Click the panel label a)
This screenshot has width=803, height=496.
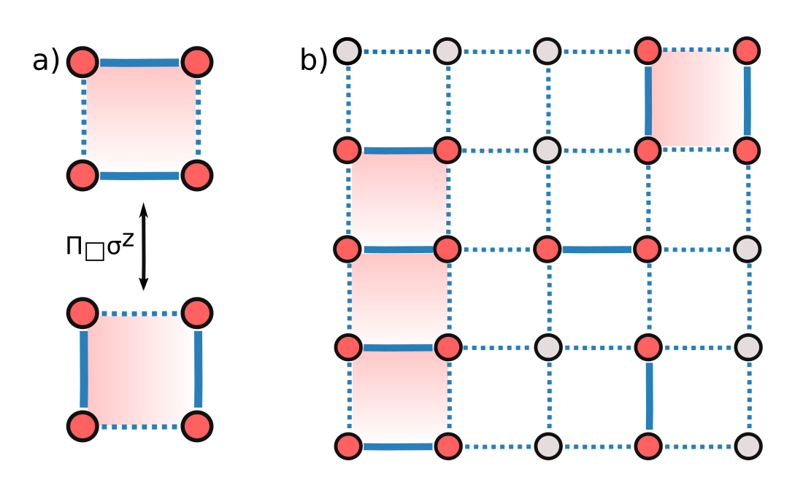coord(45,61)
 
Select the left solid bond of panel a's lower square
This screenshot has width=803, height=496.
coord(83,369)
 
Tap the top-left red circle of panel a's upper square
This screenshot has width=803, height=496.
coord(82,62)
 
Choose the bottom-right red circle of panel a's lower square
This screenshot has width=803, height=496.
coord(196,425)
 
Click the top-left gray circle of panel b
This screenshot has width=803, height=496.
coord(348,51)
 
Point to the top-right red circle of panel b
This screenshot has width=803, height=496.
coord(746,51)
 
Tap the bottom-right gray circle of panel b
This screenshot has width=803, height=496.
coord(746,445)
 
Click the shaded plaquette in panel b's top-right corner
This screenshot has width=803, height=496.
coord(696,101)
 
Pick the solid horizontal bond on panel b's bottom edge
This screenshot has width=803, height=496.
coord(398,446)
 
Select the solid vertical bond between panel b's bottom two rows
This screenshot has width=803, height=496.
coord(648,395)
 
